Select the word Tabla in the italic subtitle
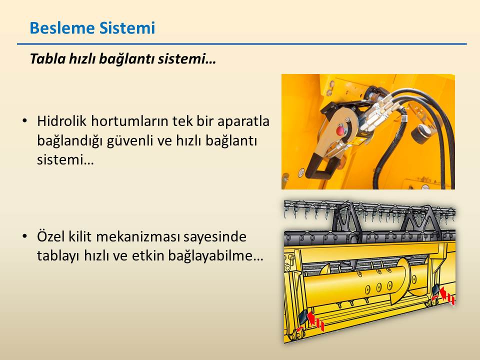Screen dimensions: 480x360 47,58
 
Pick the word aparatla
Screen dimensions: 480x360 243,121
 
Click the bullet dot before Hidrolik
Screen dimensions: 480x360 25,120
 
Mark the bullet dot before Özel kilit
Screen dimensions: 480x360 25,236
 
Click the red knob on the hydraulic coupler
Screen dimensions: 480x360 340,130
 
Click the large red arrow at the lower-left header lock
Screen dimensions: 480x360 312,318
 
